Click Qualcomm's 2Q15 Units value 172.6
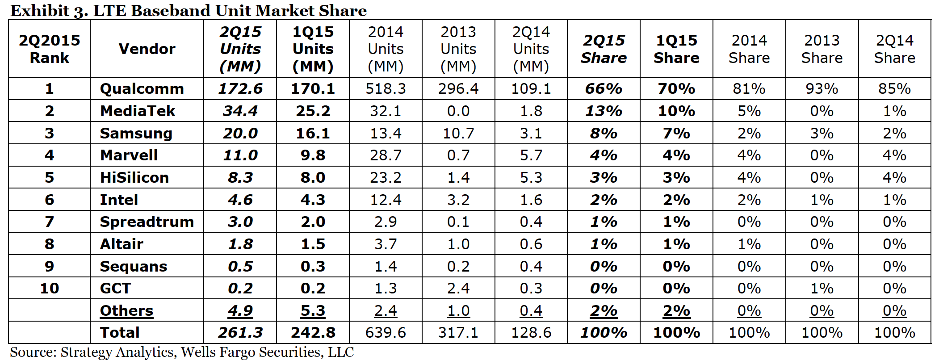pos(240,88)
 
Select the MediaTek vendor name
pos(137,111)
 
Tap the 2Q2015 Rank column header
pos(49,49)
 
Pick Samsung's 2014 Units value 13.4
pos(386,133)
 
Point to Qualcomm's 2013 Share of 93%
pos(822,88)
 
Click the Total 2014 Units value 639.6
pos(386,333)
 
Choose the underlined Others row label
pos(126,310)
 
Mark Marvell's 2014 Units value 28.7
pos(386,155)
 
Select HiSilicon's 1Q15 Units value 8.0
pos(313,177)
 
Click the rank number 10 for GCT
pos(49,289)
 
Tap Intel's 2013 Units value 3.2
pos(458,200)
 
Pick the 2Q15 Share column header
pos(604,49)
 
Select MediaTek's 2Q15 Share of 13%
pos(604,111)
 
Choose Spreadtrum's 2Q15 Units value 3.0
pos(240,222)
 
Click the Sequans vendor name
pos(133,266)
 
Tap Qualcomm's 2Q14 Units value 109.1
pos(531,88)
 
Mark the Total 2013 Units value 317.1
pos(458,333)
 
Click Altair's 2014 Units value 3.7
pos(386,244)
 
